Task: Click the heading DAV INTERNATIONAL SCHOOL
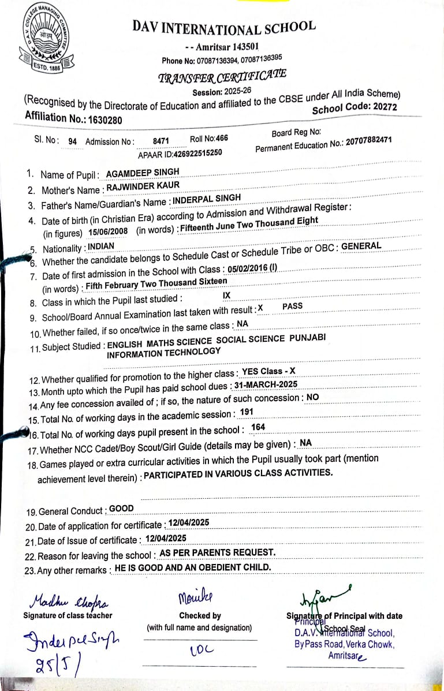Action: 224,27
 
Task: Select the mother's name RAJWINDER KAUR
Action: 143,186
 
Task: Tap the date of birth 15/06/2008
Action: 108,231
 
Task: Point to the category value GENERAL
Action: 361,246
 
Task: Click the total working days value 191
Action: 247,412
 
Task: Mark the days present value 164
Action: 258,427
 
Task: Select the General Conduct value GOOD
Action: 121,509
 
